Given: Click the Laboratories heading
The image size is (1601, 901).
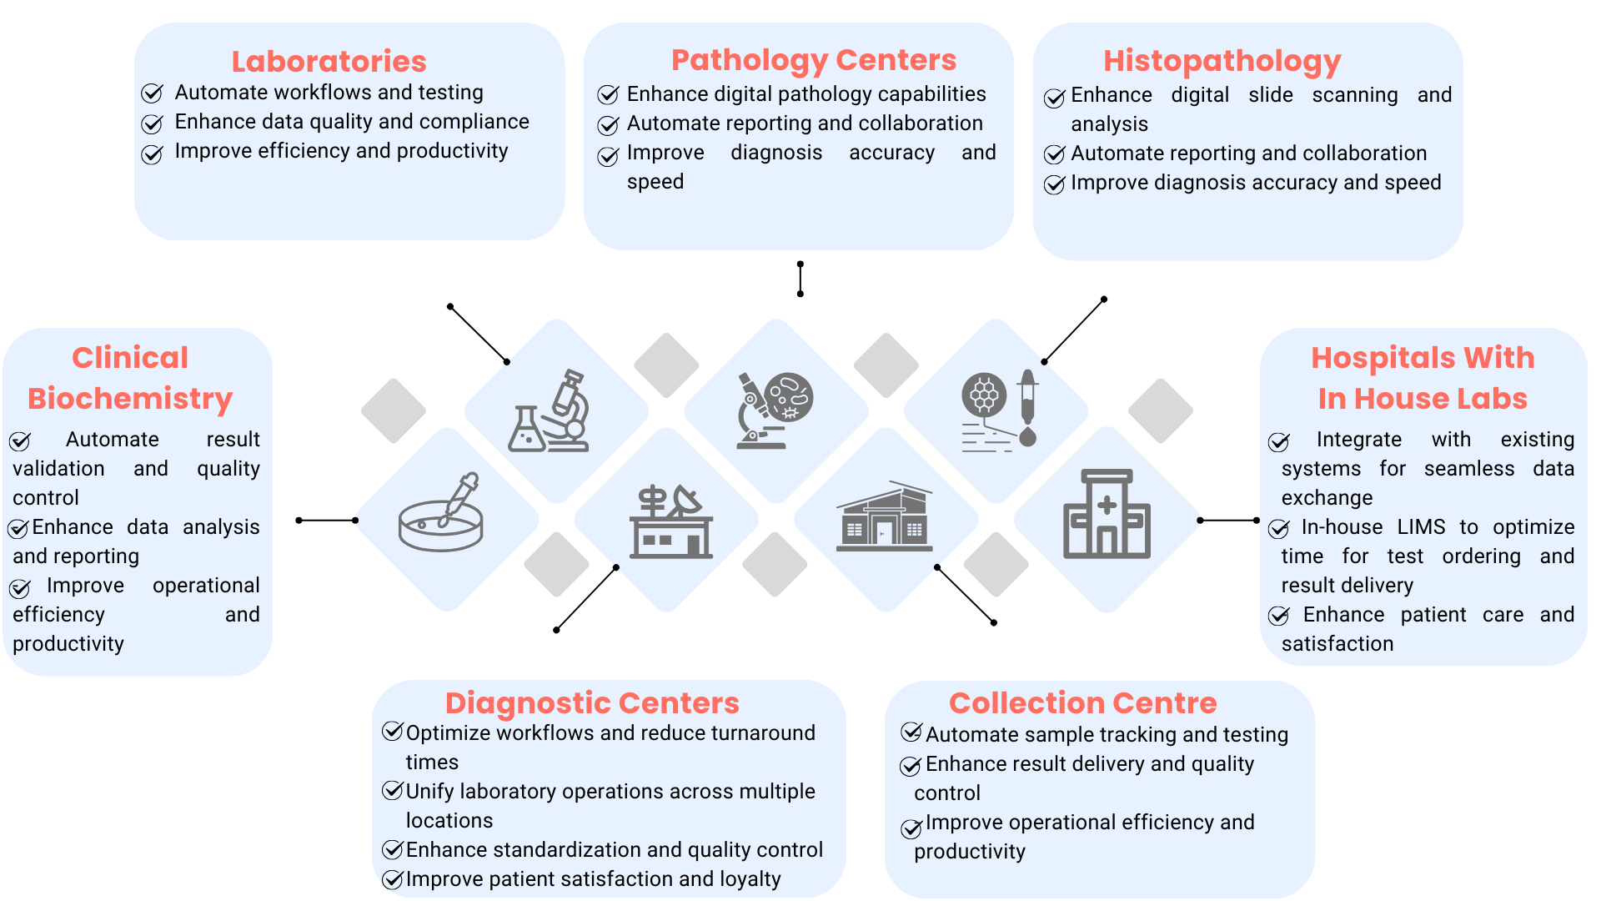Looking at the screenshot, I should tap(329, 62).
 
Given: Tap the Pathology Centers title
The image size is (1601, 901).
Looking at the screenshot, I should tap(813, 60).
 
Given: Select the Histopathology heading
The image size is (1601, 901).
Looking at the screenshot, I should tap(1222, 62).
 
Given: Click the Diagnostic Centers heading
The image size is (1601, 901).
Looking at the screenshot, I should tap(591, 702).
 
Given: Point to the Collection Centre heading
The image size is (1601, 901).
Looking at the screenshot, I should tap(1082, 702).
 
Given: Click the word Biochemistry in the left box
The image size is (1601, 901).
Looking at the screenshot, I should tap(130, 399).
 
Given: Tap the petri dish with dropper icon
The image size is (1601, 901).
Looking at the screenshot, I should tap(442, 514).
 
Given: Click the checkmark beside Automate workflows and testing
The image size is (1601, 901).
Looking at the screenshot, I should tap(152, 93).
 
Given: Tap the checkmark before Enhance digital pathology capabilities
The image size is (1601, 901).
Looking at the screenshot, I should tap(608, 94).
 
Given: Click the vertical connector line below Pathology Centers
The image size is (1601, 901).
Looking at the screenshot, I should tap(800, 279).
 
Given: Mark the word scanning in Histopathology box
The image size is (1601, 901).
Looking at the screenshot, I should tap(1354, 95).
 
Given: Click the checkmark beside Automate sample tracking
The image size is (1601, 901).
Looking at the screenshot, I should tap(911, 733).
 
